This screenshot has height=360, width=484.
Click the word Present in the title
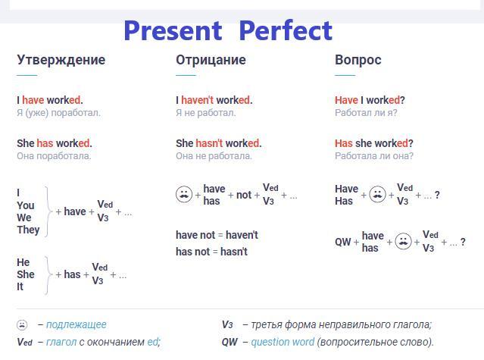(x=173, y=30)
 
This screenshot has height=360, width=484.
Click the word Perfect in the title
(x=286, y=30)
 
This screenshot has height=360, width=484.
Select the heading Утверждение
(x=61, y=60)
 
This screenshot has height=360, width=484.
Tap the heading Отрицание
(x=211, y=60)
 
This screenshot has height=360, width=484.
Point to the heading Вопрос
(x=358, y=60)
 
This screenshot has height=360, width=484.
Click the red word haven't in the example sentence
(x=197, y=100)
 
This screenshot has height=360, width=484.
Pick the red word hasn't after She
(x=209, y=143)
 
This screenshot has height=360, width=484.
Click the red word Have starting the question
(x=346, y=100)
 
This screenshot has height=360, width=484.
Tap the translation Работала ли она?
(x=374, y=156)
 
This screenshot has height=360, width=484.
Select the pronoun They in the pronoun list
(x=28, y=230)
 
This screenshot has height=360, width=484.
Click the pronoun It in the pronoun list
(x=20, y=286)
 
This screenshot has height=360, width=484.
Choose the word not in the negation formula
(x=244, y=195)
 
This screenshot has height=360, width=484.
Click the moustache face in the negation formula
(x=184, y=195)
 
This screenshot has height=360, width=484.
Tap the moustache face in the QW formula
(x=403, y=241)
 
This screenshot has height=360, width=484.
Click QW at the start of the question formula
(x=342, y=242)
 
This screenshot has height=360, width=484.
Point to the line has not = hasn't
(x=211, y=252)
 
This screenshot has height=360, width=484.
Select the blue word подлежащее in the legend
(x=77, y=325)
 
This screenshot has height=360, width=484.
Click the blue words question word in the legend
(x=283, y=342)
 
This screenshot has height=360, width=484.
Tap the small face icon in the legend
(x=22, y=324)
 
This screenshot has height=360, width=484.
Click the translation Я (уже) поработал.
(x=58, y=113)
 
